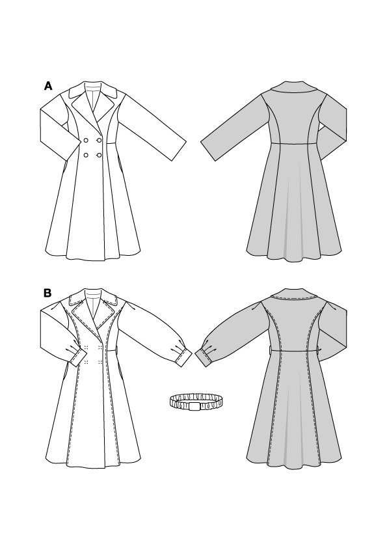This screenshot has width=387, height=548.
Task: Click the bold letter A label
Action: coord(48,86)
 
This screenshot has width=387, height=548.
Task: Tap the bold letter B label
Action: coord(47,294)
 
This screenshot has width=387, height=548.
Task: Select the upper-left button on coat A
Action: coord(86,141)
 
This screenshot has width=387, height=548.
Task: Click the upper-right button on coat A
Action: coord(100,141)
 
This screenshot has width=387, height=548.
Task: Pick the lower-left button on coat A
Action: coord(86,155)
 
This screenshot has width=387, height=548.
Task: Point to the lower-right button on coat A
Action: coord(100,155)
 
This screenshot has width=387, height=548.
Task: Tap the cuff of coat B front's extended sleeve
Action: coord(183,359)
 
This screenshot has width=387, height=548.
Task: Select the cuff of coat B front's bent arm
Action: coord(79,358)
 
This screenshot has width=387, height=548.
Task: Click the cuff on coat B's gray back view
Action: coord(204,357)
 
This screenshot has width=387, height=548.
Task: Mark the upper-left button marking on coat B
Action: coord(86,348)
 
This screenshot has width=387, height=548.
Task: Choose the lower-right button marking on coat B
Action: coord(100,361)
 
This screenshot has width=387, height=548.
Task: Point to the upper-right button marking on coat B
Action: coord(100,348)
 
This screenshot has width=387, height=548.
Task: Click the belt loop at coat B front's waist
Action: coord(116,351)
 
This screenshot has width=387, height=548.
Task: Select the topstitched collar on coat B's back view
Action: coord(295,294)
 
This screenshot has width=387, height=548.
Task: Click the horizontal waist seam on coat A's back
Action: coord(295,143)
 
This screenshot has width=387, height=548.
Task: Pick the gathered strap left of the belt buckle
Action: coord(179,402)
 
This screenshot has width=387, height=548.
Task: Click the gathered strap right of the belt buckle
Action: coord(210,402)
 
